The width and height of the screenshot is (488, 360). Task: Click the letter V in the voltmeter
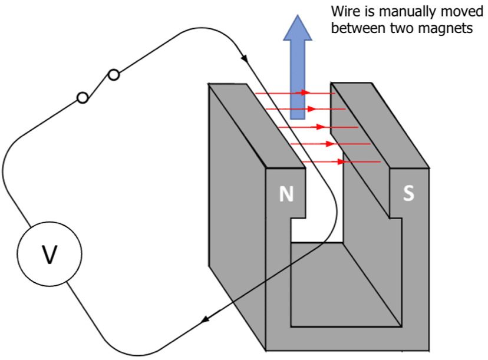50,254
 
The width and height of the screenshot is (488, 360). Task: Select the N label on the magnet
286,194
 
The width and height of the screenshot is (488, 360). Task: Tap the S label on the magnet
408,193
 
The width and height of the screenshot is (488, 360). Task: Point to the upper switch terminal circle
114,75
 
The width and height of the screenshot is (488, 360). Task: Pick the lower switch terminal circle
83,98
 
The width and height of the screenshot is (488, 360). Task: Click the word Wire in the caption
344,11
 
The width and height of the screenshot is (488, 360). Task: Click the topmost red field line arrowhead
305,93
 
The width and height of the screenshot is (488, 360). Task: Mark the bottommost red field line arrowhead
339,161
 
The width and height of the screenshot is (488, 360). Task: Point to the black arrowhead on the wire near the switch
244,58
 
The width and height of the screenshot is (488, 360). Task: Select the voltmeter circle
50,254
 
